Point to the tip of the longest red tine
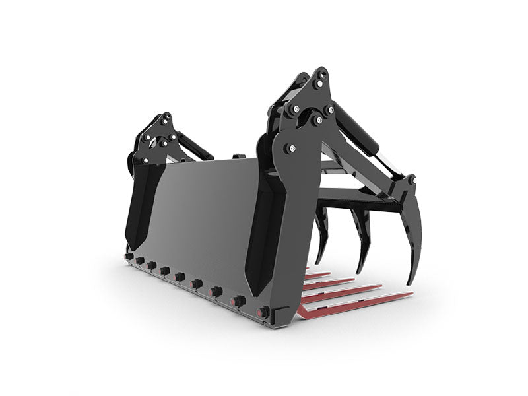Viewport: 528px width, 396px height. click(411, 294)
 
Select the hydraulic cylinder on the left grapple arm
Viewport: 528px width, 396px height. click(194, 146)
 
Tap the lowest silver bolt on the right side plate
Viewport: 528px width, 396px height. click(288, 149)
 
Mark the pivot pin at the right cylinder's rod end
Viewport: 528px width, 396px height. click(411, 180)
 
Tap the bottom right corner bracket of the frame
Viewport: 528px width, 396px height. click(280, 315)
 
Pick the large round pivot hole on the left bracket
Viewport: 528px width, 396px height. click(153, 141)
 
